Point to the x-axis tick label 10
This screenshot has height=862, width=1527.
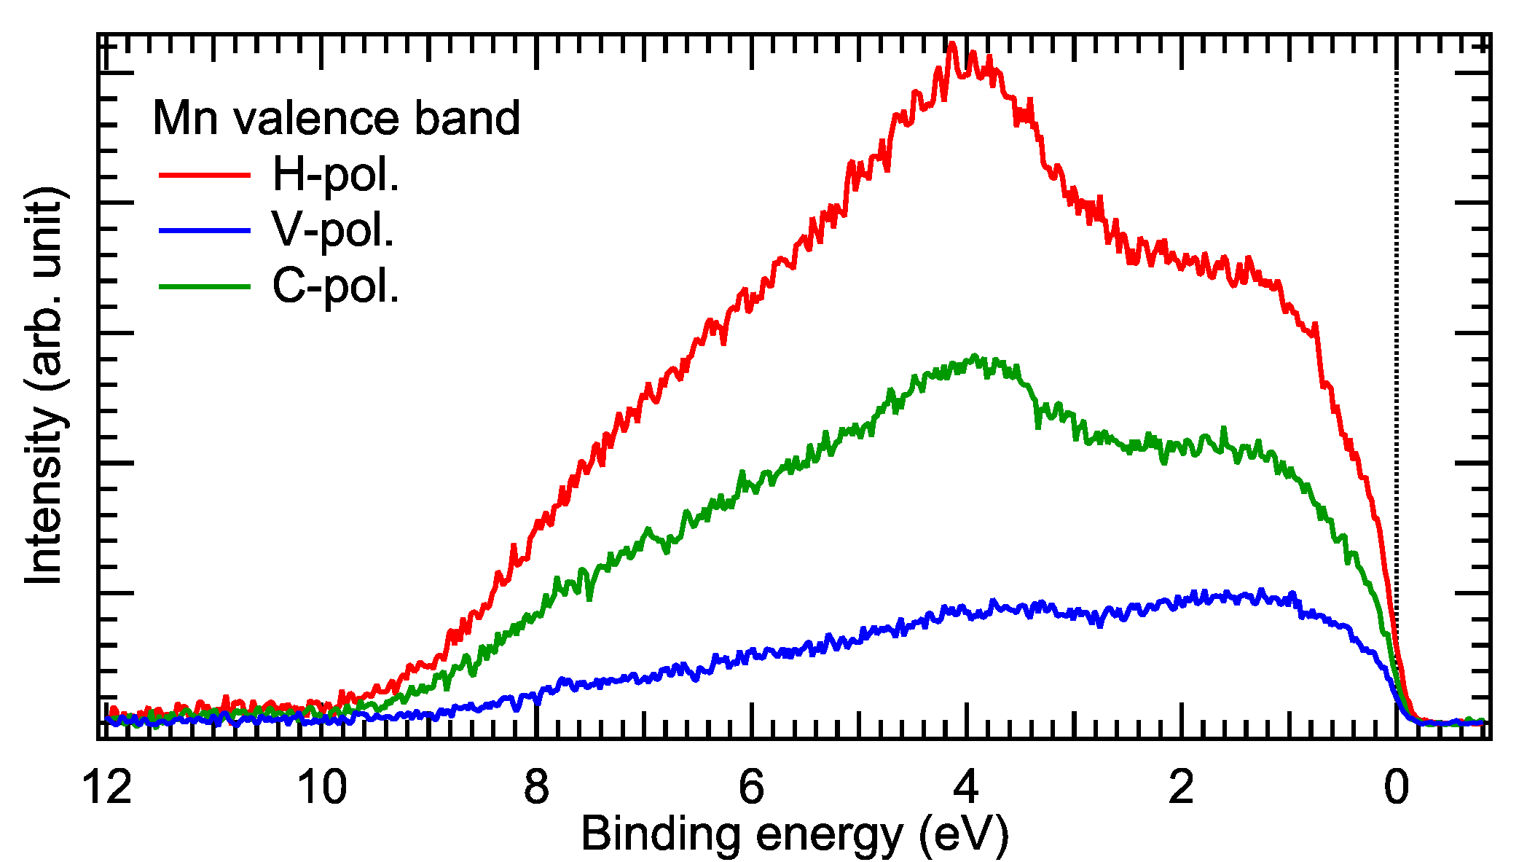click(x=323, y=788)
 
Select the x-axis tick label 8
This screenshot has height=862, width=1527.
click(x=537, y=788)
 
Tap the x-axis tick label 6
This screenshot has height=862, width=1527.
click(x=751, y=788)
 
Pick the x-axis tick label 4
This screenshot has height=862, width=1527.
click(x=966, y=788)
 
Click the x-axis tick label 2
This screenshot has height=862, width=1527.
click(x=1181, y=788)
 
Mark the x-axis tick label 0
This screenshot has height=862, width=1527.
click(x=1396, y=788)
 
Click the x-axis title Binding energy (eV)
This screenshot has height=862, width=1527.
click(x=795, y=834)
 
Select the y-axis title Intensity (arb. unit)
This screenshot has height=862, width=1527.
click(x=45, y=386)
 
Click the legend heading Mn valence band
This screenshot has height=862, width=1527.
click(x=336, y=118)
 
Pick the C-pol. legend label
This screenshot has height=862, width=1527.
click(x=336, y=286)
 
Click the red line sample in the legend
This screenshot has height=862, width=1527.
click(x=205, y=175)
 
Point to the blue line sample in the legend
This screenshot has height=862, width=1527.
click(x=205, y=231)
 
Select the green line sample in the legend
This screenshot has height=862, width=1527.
click(x=205, y=286)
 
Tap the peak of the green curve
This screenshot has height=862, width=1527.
click(x=974, y=356)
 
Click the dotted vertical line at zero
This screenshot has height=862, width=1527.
click(x=1396, y=364)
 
